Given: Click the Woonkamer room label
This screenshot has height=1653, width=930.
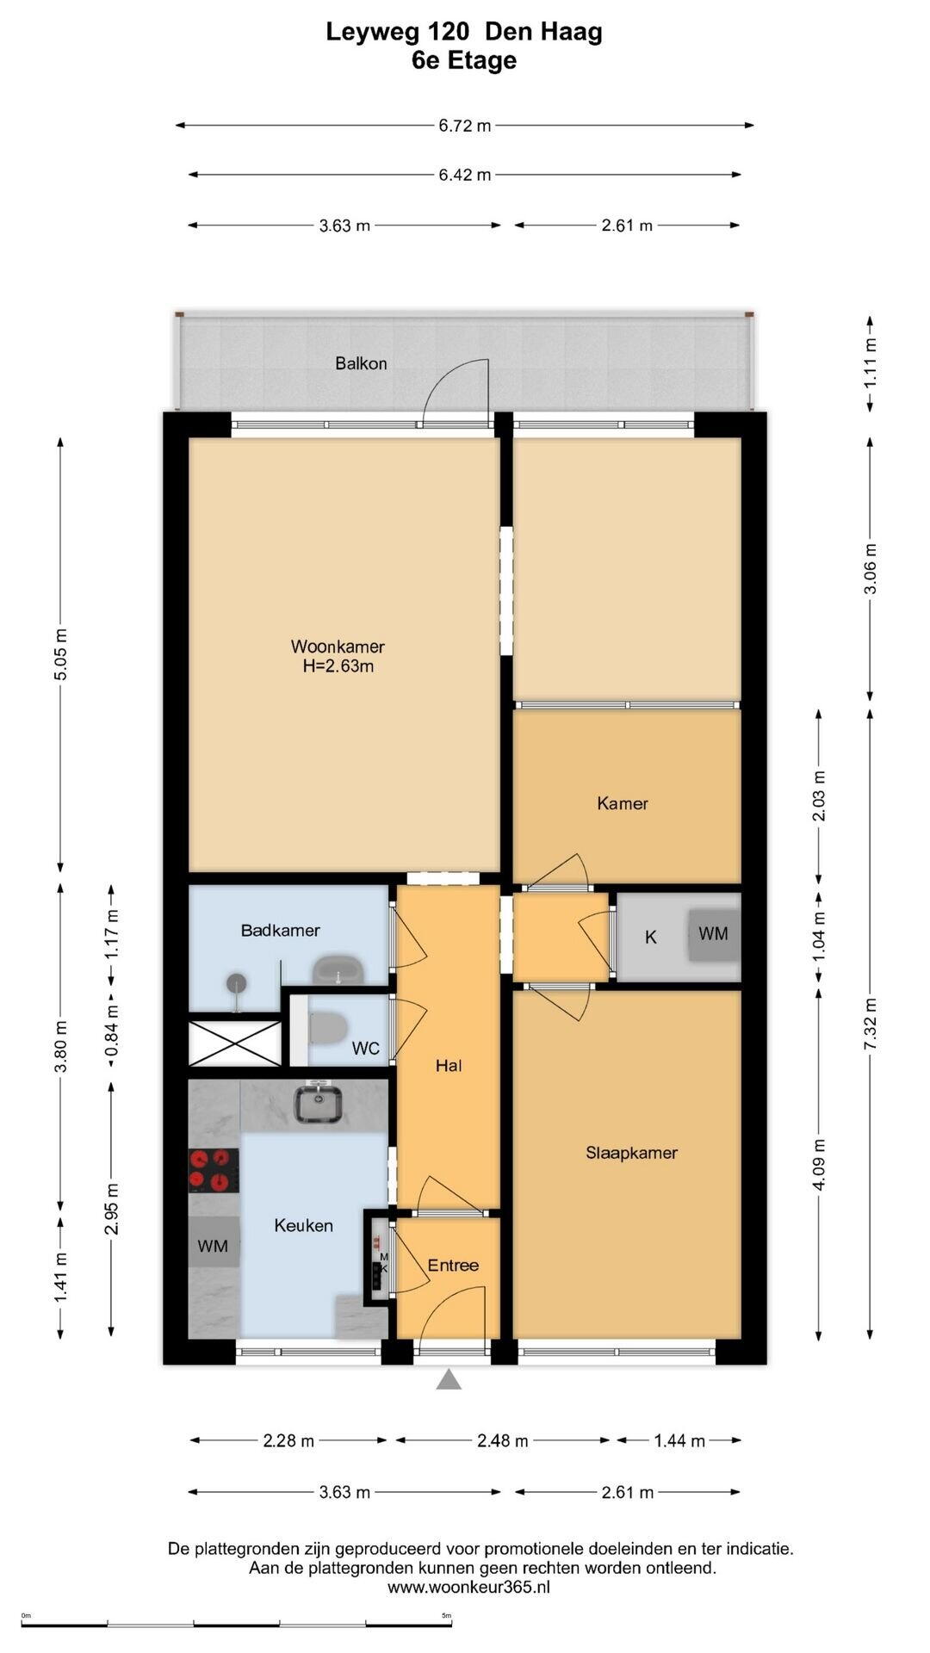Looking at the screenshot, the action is (338, 646).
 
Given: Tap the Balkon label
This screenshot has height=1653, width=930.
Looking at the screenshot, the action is (361, 363).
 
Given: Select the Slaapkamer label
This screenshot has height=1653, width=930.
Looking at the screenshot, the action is (631, 1153).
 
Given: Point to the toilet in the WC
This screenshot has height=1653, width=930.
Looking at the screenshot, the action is (326, 1027).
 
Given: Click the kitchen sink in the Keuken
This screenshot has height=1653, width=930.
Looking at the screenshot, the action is (318, 1104).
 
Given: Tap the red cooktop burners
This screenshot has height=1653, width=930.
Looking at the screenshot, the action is (214, 1171).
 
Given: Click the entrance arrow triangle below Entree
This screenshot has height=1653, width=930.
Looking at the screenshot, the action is (449, 1380).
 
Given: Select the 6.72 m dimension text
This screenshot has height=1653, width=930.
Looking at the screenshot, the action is (465, 126).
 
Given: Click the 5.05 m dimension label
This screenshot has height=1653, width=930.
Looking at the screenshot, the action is (60, 654).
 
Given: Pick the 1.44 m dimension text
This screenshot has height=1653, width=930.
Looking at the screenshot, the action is (679, 1440).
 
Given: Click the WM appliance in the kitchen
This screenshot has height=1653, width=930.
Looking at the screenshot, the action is (214, 1245).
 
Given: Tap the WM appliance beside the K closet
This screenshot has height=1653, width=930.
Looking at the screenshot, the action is (713, 934).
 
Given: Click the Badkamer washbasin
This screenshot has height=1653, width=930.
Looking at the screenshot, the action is (339, 970).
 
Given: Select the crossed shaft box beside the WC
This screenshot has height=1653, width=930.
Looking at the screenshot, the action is (234, 1043).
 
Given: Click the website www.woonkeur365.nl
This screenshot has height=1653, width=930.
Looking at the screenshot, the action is (468, 1587).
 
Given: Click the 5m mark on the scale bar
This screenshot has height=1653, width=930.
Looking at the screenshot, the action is (447, 1616).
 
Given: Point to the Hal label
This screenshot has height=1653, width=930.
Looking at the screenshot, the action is (449, 1066).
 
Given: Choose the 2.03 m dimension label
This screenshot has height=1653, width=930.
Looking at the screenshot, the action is (819, 796).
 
